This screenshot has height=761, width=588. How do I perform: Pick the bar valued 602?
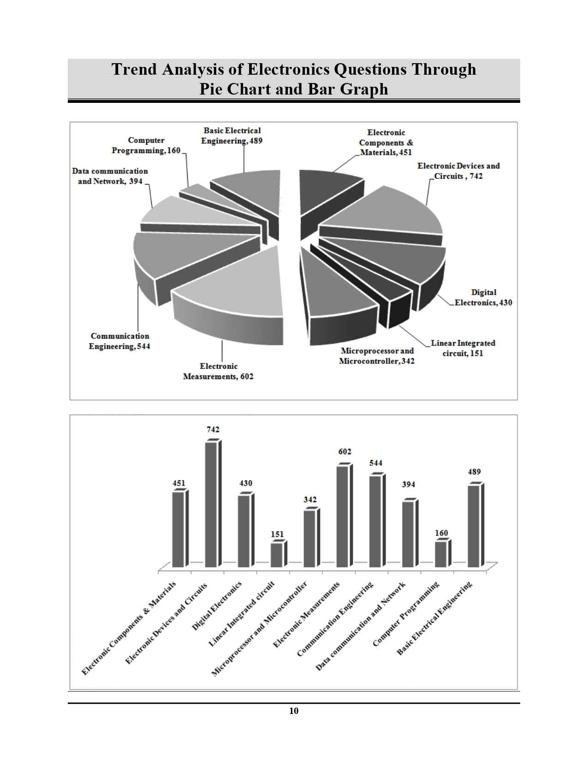point(343,516)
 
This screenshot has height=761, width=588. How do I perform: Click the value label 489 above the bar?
point(474,472)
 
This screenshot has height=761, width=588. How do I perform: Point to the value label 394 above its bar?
point(408,484)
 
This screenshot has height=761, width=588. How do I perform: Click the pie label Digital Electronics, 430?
point(483,297)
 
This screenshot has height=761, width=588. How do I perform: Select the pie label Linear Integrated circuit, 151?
point(463,348)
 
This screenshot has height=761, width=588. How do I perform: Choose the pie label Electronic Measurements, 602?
point(218,371)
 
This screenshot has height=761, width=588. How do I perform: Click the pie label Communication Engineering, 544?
point(119,341)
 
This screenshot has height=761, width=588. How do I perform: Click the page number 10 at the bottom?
point(294,711)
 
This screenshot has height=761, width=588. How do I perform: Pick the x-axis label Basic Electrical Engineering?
point(436,618)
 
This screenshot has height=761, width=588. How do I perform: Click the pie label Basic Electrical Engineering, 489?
point(232,136)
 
